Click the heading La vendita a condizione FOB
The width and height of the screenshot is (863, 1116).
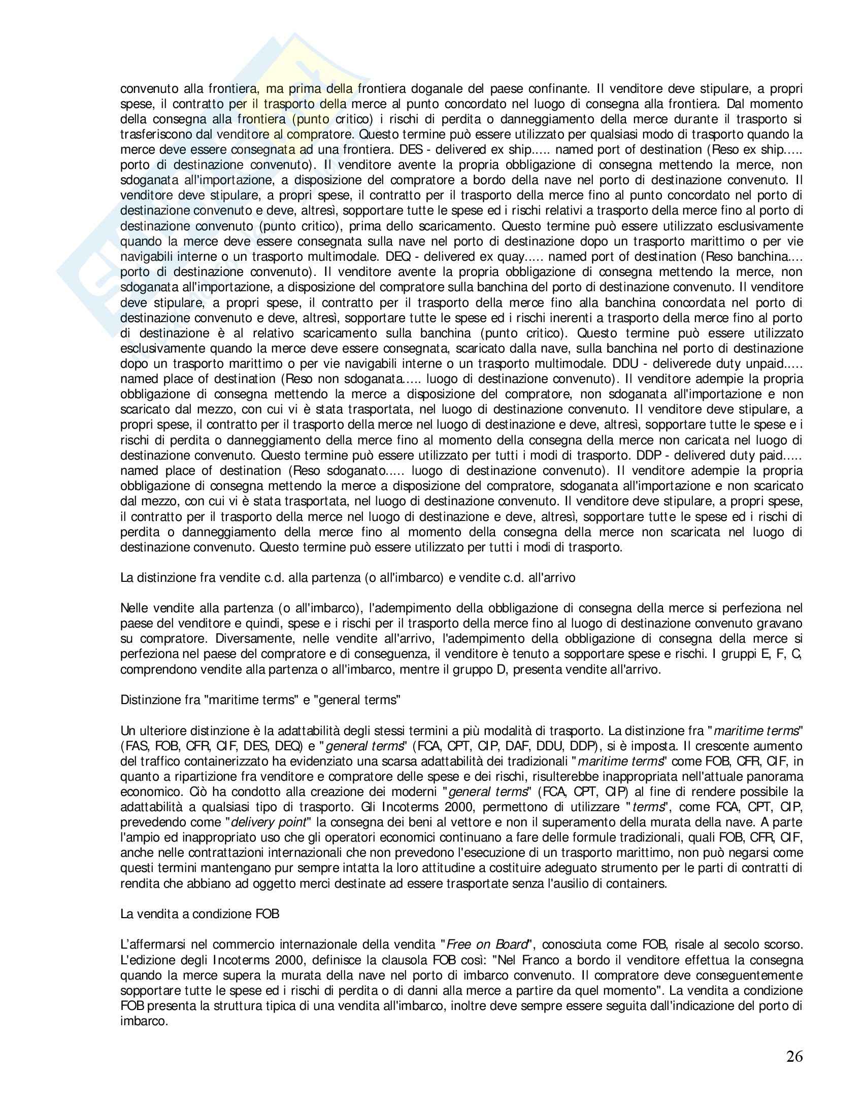(200, 914)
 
